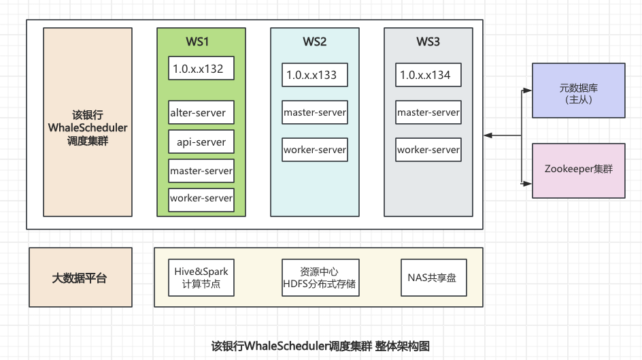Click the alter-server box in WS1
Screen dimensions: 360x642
pos(201,113)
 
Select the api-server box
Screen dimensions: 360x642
pos(201,142)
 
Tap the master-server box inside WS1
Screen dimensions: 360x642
pos(201,171)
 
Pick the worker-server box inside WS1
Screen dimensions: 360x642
pos(201,199)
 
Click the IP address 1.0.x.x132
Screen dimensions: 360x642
pos(201,69)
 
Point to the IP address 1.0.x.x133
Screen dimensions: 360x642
pos(315,75)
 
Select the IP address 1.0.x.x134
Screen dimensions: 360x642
pos(428,75)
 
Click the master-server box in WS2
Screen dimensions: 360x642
pos(315,112)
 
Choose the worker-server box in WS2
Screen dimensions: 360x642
pos(315,150)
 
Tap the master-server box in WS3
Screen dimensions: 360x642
pos(428,112)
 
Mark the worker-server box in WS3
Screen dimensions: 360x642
pos(428,150)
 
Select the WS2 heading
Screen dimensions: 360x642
pos(314,42)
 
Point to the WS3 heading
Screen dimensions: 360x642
pos(428,42)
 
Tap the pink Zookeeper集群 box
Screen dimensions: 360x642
pos(578,170)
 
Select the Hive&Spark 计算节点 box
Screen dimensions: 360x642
pos(201,278)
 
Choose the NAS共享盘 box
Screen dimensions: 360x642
pos(433,278)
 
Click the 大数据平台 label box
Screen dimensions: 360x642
pos(80,278)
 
